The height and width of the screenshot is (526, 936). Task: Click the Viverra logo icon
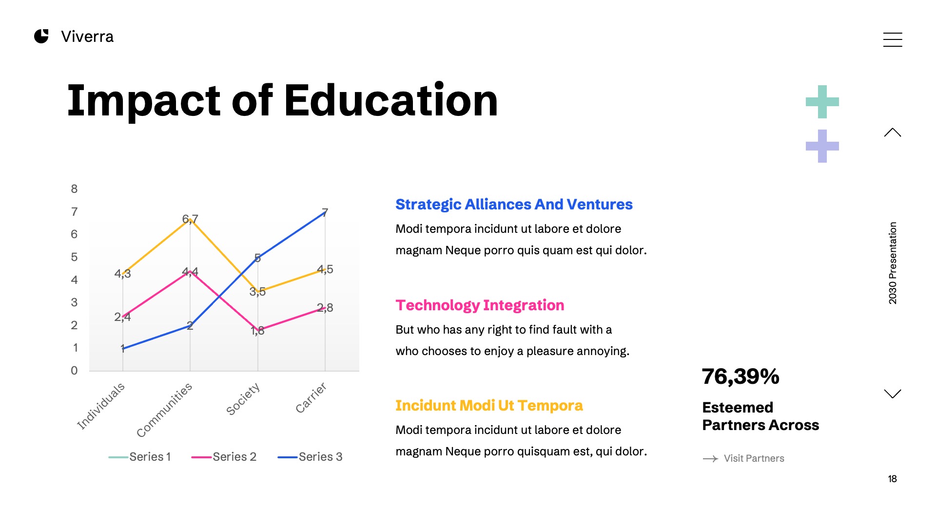point(41,36)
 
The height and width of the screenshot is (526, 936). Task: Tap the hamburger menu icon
point(892,39)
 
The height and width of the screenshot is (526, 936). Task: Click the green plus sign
point(822,102)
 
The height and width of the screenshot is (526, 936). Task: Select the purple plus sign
point(822,146)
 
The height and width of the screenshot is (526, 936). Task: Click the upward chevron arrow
point(892,132)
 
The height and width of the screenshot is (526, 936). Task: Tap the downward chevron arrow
point(892,394)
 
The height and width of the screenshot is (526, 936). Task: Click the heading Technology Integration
point(480,305)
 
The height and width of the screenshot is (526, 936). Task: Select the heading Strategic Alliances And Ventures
point(514,205)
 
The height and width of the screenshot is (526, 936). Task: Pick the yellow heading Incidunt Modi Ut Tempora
point(489,406)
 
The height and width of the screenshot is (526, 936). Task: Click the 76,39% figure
point(741,376)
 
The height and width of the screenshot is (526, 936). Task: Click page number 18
point(892,479)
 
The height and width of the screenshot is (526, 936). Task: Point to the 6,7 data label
point(190,219)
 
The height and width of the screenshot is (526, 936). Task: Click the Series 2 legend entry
point(224,457)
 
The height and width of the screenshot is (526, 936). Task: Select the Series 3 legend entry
point(310,457)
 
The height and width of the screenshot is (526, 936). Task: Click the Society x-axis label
point(243,399)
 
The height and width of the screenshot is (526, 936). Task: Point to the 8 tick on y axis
point(74,189)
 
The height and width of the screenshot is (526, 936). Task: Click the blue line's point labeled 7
point(325,213)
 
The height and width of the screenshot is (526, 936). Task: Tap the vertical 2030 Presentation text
point(892,263)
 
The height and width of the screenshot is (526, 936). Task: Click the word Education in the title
point(390,101)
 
